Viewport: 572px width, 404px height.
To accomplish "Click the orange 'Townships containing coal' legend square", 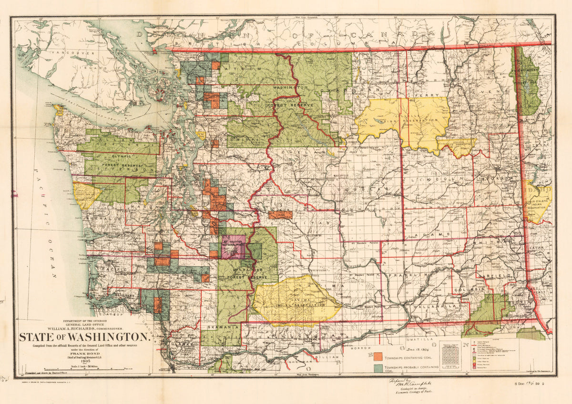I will coord(378,356).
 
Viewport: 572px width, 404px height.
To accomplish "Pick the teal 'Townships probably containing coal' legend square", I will coord(378,368).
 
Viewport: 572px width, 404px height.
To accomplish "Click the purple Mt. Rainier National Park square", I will coord(233,246).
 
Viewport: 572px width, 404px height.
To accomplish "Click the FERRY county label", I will coord(423,95).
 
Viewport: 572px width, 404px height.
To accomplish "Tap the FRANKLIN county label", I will coord(402,275).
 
